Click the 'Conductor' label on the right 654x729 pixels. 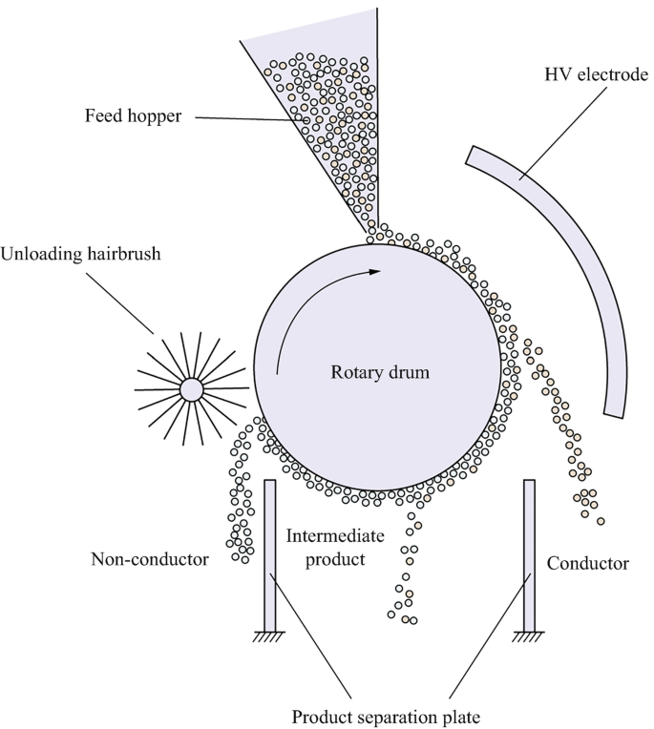(x=588, y=563)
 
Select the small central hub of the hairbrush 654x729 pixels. (x=190, y=388)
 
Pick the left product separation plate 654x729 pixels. (x=270, y=553)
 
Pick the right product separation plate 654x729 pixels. (x=529, y=553)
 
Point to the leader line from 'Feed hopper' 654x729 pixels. (x=258, y=119)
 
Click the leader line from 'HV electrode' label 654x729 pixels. (x=554, y=124)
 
